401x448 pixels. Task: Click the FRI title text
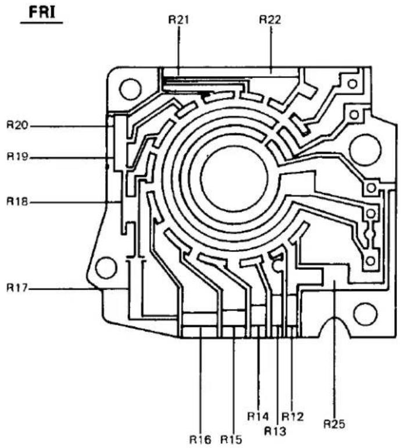point(42,12)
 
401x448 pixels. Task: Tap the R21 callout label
point(178,20)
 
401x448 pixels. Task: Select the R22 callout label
point(270,19)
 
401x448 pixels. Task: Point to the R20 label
point(17,125)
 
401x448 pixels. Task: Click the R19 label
point(17,157)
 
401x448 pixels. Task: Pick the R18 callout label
point(17,202)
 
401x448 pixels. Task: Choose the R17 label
point(17,288)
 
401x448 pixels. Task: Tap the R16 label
point(201,439)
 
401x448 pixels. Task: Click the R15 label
point(231,439)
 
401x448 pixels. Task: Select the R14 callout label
point(258,416)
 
